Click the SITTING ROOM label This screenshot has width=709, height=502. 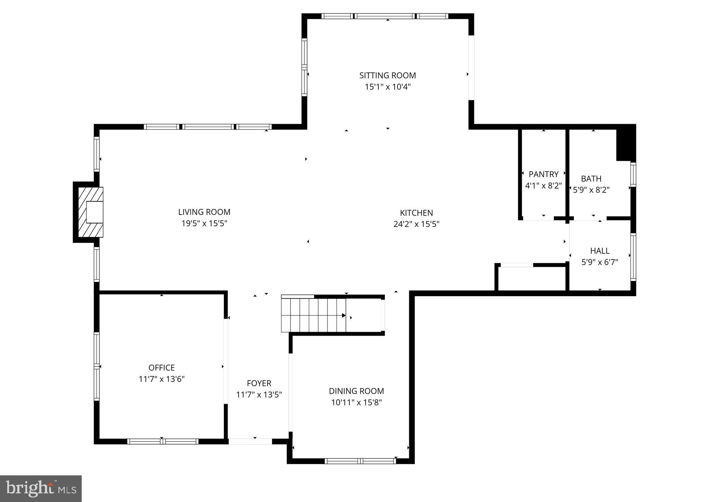(x=387, y=75)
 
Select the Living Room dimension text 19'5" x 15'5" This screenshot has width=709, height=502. (x=204, y=223)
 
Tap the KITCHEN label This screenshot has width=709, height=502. (x=416, y=213)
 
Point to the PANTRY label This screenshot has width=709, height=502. (x=544, y=174)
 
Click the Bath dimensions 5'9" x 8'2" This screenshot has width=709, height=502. (x=591, y=190)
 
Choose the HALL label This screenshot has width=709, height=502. (x=600, y=251)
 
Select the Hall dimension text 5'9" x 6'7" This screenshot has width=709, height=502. (x=600, y=262)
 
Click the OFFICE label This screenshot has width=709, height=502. (x=161, y=368)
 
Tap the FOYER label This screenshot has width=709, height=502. (x=259, y=383)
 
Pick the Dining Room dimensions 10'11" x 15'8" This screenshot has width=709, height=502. (x=356, y=402)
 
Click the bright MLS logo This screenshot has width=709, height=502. (x=41, y=488)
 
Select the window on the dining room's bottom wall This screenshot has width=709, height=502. (x=360, y=461)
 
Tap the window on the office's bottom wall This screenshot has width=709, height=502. (x=163, y=441)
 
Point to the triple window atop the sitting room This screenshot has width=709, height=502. (x=385, y=16)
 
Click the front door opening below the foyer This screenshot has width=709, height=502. (x=250, y=441)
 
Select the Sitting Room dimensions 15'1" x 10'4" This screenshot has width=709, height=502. (x=387, y=87)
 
